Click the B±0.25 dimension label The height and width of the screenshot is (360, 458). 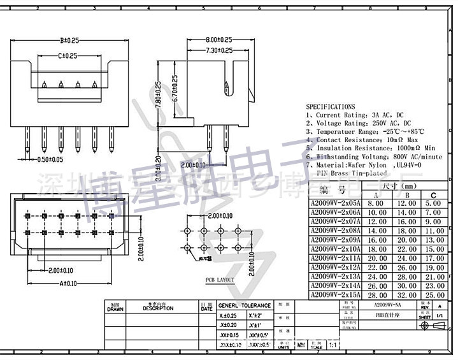(69, 40)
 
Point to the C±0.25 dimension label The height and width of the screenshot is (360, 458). (68, 56)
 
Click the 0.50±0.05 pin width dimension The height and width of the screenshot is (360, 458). (50, 159)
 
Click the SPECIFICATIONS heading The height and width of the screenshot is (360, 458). (331, 107)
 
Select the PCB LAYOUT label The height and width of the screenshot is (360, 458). (219, 280)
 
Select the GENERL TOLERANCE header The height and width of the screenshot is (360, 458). (245, 305)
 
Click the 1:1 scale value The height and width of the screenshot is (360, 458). (332, 346)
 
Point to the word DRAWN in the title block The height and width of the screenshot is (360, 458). (115, 308)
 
